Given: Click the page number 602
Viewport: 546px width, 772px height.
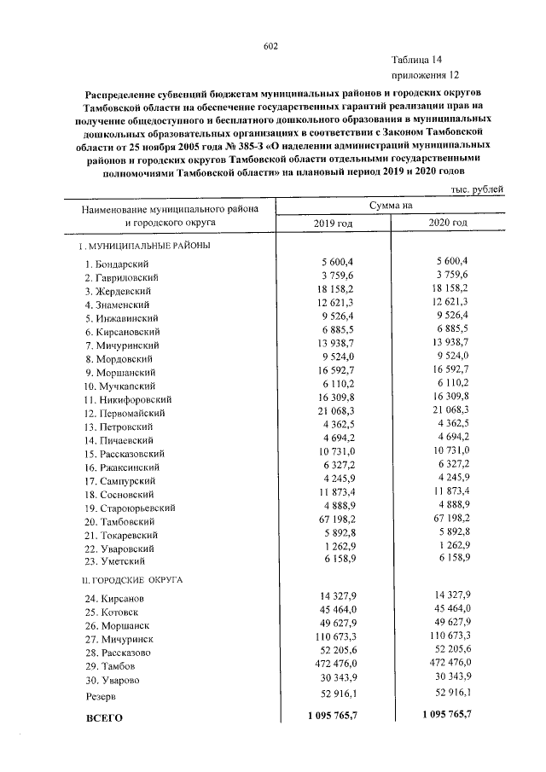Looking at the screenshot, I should point(272,46).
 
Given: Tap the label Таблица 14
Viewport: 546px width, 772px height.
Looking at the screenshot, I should point(417,60).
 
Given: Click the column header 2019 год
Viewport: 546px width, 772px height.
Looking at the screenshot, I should point(334,223).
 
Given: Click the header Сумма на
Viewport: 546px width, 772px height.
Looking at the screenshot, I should point(391,206).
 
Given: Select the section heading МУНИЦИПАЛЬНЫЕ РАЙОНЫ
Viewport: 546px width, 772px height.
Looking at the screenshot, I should point(144,247).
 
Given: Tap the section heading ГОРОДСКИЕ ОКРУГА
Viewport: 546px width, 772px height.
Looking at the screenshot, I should point(131,580).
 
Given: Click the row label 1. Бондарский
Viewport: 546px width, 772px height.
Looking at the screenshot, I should point(118,264).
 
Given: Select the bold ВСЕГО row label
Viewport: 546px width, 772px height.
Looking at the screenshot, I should point(105,718).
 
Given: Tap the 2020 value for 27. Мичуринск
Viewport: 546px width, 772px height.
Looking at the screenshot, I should point(448,636).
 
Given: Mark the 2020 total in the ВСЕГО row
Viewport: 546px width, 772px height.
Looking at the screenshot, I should point(446,715).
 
